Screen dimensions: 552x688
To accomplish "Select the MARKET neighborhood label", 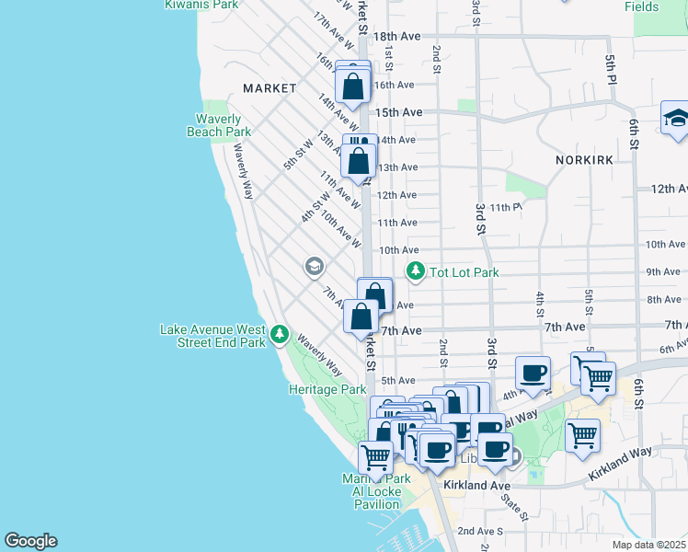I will [x=269, y=88].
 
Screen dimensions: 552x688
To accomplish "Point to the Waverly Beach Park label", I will [x=219, y=125].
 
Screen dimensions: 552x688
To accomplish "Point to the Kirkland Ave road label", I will [x=476, y=485].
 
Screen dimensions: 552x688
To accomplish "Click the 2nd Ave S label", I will [x=478, y=531].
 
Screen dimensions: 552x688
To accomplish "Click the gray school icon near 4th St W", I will [x=314, y=266].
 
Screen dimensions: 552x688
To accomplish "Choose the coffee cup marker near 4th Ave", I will [x=533, y=374].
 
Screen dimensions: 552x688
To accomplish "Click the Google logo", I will [x=30, y=541].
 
